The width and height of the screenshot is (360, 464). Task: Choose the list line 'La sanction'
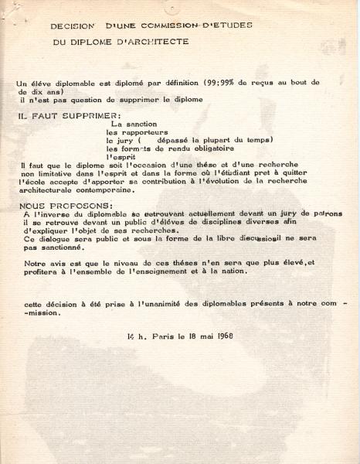134,123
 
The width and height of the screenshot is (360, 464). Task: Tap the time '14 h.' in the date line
135,336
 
